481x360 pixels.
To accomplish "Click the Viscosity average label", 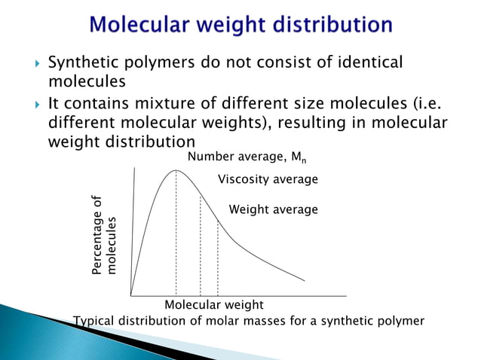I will tap(268, 180).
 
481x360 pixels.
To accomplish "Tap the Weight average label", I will tap(273, 209).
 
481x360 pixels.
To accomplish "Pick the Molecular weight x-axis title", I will tap(214, 305).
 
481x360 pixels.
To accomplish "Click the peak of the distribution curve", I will tap(176, 170).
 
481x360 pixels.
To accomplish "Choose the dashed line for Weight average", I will tap(218, 256).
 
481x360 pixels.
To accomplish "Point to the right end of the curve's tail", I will tap(305, 280).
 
